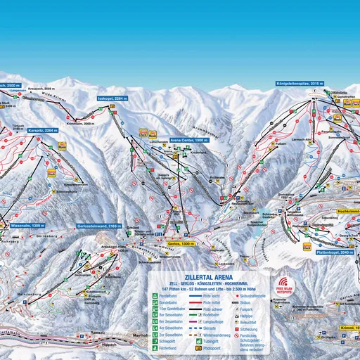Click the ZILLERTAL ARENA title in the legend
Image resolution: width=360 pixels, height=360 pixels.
pos(207,277)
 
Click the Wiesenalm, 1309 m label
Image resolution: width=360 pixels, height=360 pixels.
pos(28,225)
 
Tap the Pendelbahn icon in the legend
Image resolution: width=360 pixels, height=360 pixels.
pos(155,299)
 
